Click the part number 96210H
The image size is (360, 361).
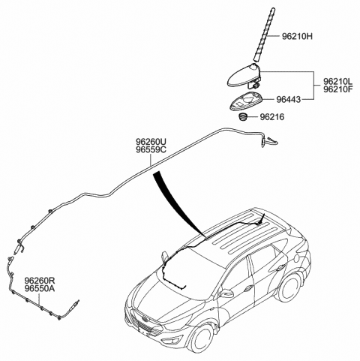(297, 37)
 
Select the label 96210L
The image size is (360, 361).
(338, 81)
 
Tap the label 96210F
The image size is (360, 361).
(338, 89)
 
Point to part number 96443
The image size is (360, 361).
(288, 100)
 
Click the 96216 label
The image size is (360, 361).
(272, 117)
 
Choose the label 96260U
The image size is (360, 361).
(151, 142)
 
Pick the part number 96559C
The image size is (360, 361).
(151, 149)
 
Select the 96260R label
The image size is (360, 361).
(39, 281)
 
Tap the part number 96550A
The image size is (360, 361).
(39, 289)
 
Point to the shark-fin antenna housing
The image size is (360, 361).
(244, 77)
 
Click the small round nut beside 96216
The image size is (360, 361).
(242, 116)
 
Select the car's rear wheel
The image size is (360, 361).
(289, 287)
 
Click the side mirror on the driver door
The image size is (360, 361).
(226, 293)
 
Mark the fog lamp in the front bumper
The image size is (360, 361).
(172, 340)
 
